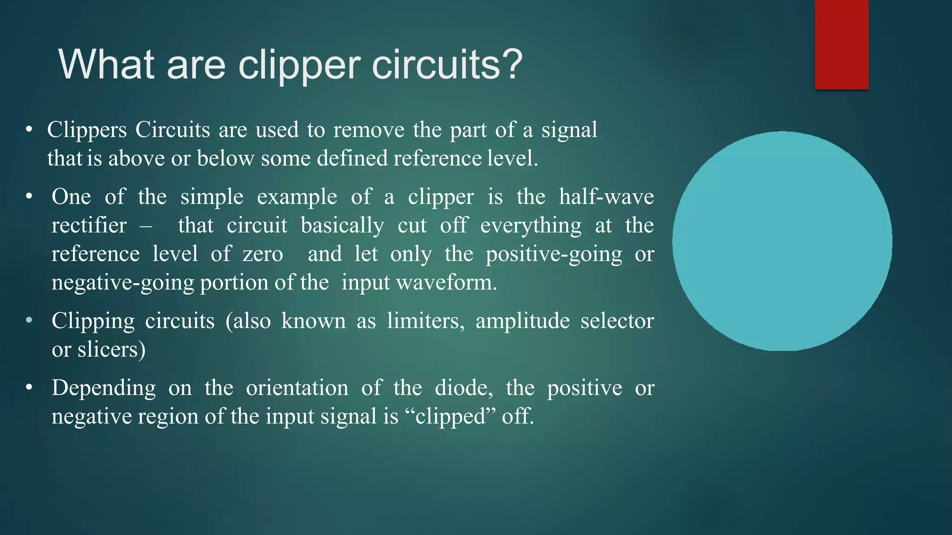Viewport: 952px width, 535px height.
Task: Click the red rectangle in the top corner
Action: click(x=841, y=44)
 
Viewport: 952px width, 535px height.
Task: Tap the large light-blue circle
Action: click(x=782, y=241)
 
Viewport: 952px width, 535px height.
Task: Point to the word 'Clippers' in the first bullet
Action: click(x=87, y=130)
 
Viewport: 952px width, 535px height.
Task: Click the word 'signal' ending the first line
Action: click(x=569, y=130)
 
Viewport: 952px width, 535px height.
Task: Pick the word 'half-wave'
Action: click(x=606, y=197)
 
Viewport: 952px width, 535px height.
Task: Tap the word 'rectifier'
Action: click(x=89, y=226)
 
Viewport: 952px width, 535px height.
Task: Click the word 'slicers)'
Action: click(x=112, y=350)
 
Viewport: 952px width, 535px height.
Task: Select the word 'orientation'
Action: click(x=297, y=388)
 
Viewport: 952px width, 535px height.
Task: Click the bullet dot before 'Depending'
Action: click(x=29, y=387)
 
